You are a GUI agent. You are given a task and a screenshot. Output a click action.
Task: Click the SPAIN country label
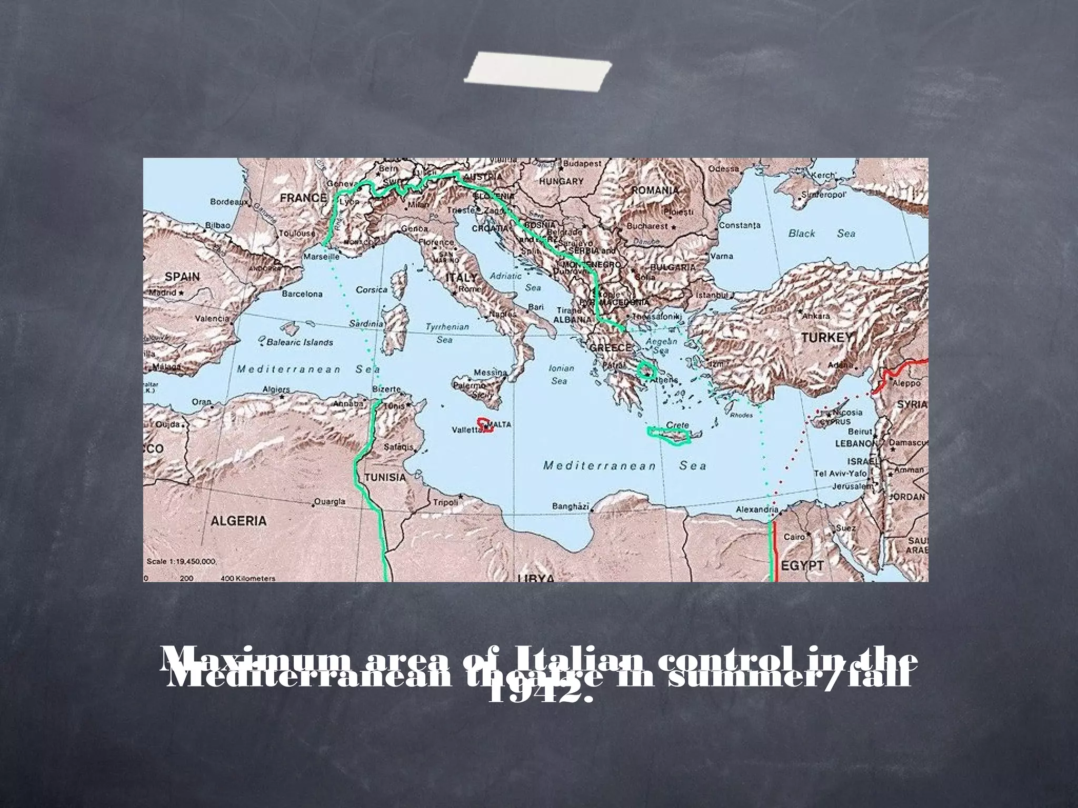(182, 277)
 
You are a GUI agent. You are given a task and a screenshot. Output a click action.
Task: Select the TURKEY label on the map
(826, 338)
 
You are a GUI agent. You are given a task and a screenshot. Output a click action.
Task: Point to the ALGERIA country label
(238, 521)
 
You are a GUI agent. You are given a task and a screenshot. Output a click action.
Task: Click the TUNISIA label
(385, 478)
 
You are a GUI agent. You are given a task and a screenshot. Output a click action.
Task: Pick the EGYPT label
(802, 565)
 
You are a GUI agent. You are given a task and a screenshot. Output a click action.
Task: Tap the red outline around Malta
(485, 425)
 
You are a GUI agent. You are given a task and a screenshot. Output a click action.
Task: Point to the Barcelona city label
(302, 294)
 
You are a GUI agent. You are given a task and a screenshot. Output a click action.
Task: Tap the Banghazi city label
(570, 506)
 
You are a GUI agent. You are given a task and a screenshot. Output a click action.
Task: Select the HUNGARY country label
(561, 181)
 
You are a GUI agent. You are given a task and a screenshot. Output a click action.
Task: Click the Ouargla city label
(330, 501)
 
